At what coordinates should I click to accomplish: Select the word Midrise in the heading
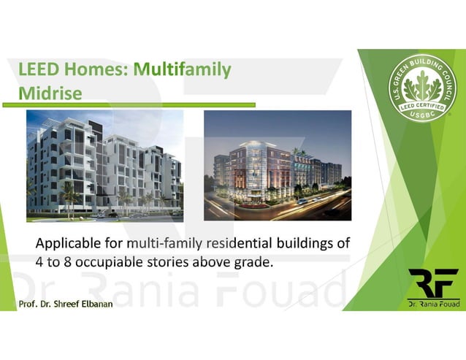coord(50,93)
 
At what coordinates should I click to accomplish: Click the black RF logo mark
coord(433,283)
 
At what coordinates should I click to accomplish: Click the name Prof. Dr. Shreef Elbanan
coord(66,303)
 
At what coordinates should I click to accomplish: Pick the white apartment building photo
coord(105,166)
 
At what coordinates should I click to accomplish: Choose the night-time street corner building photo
coord(278,166)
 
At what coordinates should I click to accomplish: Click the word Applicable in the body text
coord(78,243)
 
